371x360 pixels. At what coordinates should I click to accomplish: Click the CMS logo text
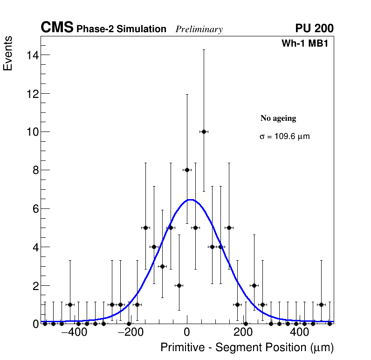[x=57, y=28]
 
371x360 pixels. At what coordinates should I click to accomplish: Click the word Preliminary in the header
[x=199, y=29]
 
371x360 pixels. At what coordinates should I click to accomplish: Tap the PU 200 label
[x=314, y=28]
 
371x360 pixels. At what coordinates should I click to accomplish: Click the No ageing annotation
[x=278, y=118]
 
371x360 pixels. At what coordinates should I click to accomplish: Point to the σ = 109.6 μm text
[x=284, y=137]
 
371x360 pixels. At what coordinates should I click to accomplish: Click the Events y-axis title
[x=8, y=53]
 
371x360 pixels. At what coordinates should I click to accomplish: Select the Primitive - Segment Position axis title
[x=247, y=347]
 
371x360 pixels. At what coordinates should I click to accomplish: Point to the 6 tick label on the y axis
[x=33, y=208]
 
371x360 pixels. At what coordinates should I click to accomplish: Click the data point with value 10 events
[x=204, y=132]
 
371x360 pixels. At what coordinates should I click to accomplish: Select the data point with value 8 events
[x=187, y=170]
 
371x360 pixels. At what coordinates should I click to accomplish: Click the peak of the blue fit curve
[x=191, y=200]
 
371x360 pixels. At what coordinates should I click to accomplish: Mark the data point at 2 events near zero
[x=179, y=285]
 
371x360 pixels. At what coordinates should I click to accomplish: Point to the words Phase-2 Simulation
[x=121, y=29]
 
